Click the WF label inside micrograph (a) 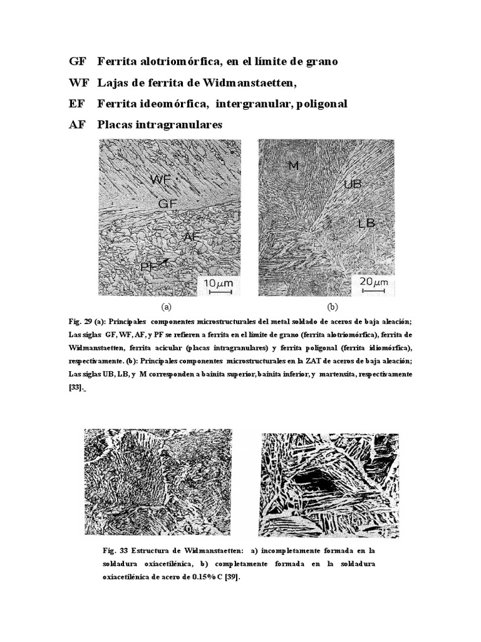click(161, 180)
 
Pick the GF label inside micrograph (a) click(168, 204)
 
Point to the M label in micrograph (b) click(292, 165)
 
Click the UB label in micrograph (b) click(353, 184)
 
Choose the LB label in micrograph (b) click(366, 223)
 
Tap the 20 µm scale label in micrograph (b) click(374, 282)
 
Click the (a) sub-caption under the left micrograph click(166, 307)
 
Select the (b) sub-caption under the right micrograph click(333, 307)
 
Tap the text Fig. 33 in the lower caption click(115, 550)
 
